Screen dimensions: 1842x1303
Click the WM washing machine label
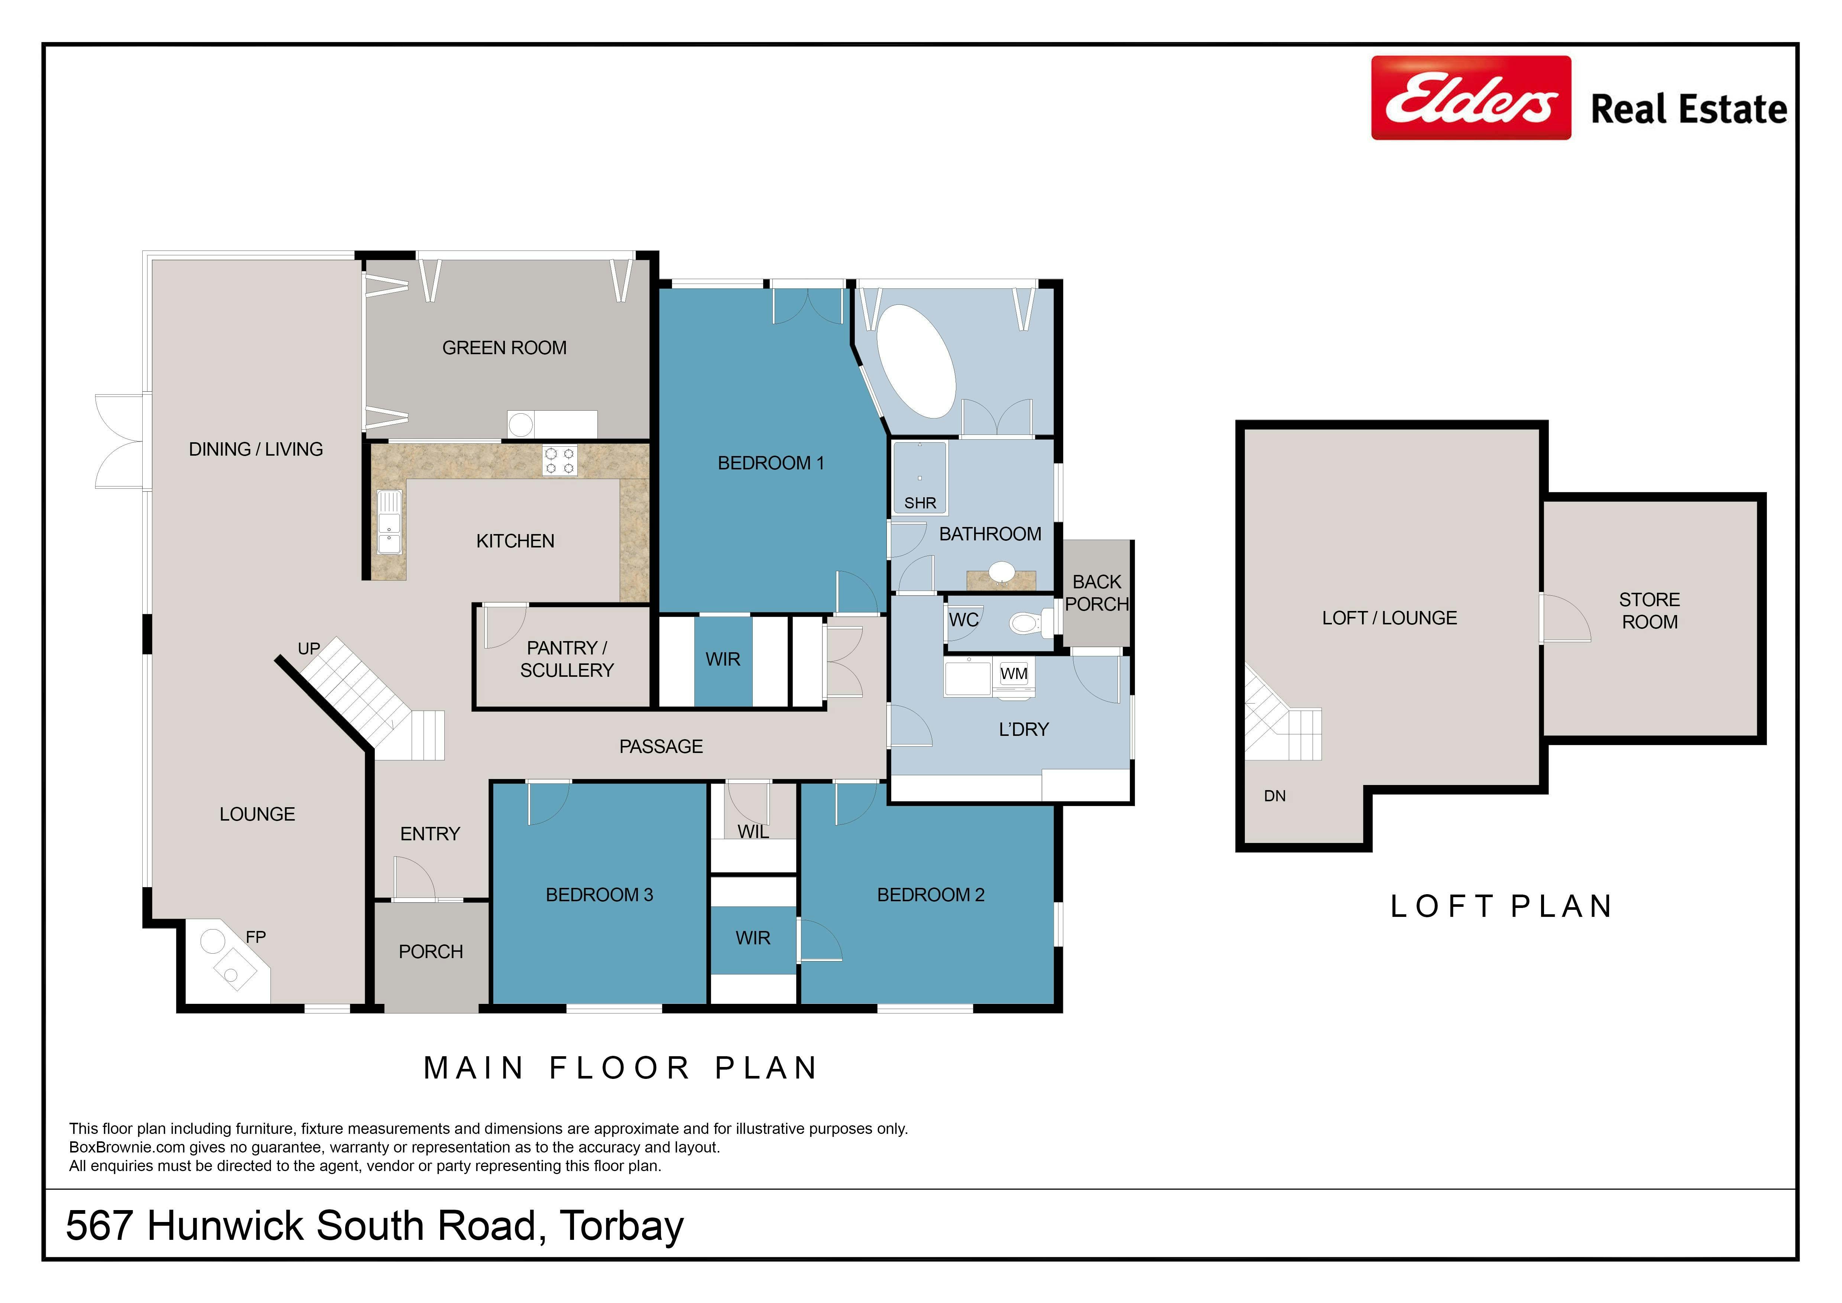point(1014,674)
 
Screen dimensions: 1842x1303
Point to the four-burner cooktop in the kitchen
point(559,460)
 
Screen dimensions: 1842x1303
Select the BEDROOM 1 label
point(771,463)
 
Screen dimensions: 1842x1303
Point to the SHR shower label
point(920,503)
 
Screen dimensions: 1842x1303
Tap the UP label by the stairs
point(309,648)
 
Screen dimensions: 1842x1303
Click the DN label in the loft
point(1275,796)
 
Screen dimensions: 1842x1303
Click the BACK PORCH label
point(1097,593)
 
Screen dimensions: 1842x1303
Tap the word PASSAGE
point(661,747)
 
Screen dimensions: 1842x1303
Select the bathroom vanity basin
point(1001,572)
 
